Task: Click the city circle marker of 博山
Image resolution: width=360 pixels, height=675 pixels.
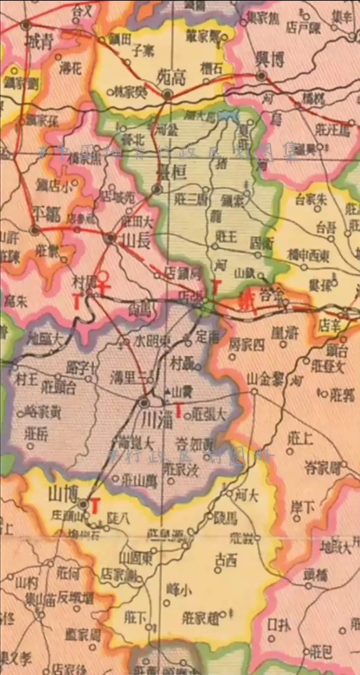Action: click(83, 504)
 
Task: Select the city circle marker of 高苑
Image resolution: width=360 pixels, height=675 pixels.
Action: click(168, 94)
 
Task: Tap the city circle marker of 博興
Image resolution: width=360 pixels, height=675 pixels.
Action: click(262, 76)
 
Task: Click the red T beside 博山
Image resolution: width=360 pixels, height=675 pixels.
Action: click(95, 505)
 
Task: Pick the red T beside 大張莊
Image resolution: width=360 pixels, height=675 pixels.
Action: click(179, 410)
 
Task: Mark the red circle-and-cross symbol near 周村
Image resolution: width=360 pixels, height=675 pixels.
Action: click(103, 281)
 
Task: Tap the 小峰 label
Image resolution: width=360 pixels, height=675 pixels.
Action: click(179, 589)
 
